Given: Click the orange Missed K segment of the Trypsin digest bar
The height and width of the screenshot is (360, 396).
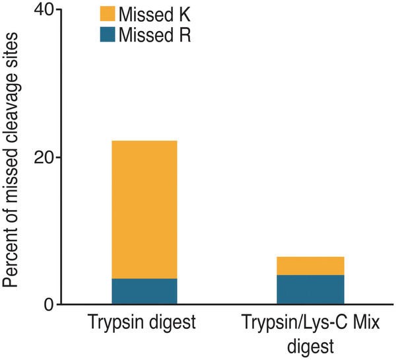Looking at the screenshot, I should [x=143, y=209].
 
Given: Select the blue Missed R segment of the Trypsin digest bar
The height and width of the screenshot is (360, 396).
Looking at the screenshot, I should [x=143, y=291].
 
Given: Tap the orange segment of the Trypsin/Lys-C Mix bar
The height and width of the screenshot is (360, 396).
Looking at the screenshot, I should [x=311, y=266].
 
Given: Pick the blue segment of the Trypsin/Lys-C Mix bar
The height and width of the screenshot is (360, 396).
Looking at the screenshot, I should [x=311, y=289].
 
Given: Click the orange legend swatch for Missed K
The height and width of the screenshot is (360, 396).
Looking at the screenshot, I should [x=107, y=14].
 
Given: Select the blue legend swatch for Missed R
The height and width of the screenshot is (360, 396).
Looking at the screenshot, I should [x=107, y=34].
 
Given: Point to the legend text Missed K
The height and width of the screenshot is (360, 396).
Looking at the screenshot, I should [x=154, y=14].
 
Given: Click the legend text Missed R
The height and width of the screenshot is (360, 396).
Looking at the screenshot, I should [x=154, y=34].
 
